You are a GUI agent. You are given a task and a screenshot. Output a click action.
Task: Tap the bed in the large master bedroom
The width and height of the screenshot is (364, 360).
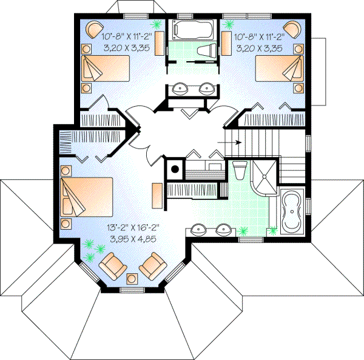(87, 195)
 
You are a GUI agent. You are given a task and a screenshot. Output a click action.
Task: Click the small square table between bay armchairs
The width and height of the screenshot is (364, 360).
(132, 278)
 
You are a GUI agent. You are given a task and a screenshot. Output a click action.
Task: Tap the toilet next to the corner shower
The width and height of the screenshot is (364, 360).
(238, 170)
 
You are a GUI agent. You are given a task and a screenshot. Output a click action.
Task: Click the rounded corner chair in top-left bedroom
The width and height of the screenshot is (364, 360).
(94, 28)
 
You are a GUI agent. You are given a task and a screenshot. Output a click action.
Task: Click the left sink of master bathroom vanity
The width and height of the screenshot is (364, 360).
(199, 230)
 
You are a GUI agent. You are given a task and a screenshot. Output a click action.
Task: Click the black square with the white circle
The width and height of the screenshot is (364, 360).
(175, 170)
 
